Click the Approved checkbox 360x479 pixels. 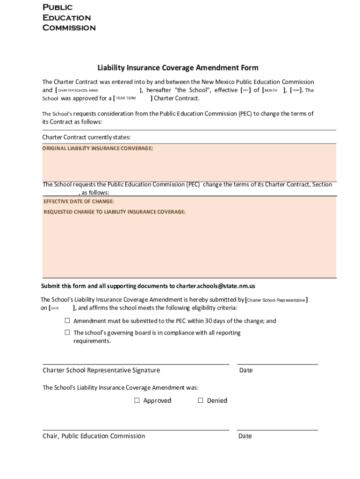click(x=137, y=400)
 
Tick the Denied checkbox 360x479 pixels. click(x=201, y=400)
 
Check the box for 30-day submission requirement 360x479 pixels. click(x=67, y=321)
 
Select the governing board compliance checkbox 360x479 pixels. click(x=67, y=333)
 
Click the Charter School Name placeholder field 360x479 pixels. click(x=78, y=90)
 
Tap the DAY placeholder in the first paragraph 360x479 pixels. click(x=245, y=90)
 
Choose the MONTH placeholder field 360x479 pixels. click(x=271, y=90)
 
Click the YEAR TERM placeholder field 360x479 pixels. click(x=125, y=98)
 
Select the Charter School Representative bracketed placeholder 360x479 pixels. click(x=276, y=300)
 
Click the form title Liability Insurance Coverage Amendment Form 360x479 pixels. click(x=178, y=68)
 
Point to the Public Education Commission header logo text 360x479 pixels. click(x=69, y=17)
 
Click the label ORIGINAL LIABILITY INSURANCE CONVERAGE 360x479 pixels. click(x=98, y=148)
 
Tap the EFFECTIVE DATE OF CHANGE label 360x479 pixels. click(x=79, y=202)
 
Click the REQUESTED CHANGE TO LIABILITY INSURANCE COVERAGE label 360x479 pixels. click(x=114, y=212)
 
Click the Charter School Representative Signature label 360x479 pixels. click(x=101, y=370)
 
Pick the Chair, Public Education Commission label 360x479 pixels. click(x=94, y=436)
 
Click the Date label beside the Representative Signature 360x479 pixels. click(x=245, y=370)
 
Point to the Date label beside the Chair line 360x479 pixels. click(x=245, y=436)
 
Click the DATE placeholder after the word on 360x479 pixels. click(x=55, y=308)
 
